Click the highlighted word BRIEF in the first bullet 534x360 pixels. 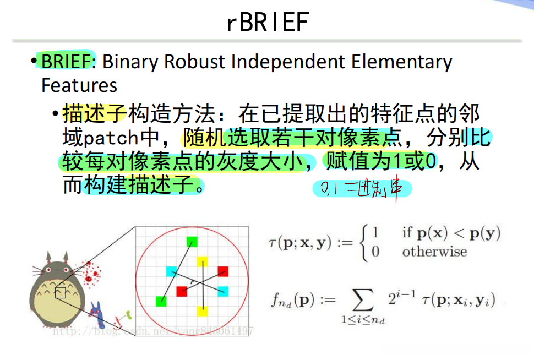(x=66, y=61)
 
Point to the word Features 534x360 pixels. (x=79, y=85)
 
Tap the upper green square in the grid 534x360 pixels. (x=192, y=241)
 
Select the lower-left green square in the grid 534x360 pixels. (x=161, y=301)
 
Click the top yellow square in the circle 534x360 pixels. (x=203, y=260)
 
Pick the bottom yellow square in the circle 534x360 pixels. (x=203, y=312)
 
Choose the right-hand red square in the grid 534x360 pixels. (x=222, y=271)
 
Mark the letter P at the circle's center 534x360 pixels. (x=193, y=281)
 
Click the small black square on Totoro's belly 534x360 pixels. (x=61, y=292)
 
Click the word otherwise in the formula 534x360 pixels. (x=434, y=252)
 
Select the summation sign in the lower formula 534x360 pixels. (x=362, y=301)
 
